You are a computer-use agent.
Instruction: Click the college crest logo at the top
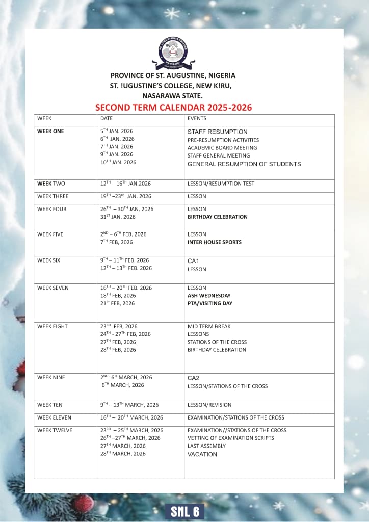pyautogui.click(x=175, y=53)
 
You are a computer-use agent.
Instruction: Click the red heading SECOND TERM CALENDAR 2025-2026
pyautogui.click(x=173, y=108)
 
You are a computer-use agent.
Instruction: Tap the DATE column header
pyautogui.click(x=107, y=118)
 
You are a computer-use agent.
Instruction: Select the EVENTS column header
pyautogui.click(x=197, y=118)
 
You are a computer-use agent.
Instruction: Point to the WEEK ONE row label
pyautogui.click(x=50, y=131)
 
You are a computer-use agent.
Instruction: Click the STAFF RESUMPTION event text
pyautogui.click(x=217, y=132)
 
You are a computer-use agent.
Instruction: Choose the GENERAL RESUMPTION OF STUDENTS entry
pyautogui.click(x=244, y=164)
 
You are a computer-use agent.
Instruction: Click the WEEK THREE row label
pyautogui.click(x=52, y=196)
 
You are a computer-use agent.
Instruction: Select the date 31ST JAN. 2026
pyautogui.click(x=118, y=217)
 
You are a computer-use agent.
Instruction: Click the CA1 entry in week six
pyautogui.click(x=193, y=261)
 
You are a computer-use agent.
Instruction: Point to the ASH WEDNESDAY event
pyautogui.click(x=209, y=296)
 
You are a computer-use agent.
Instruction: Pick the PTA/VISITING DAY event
pyautogui.click(x=210, y=303)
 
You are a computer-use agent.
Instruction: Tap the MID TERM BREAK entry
pyautogui.click(x=209, y=326)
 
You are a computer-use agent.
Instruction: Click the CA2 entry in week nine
pyautogui.click(x=193, y=378)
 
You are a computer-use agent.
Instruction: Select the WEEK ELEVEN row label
pyautogui.click(x=54, y=417)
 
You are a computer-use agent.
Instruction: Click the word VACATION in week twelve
pyautogui.click(x=202, y=454)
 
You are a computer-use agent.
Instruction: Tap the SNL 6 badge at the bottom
pyautogui.click(x=184, y=511)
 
